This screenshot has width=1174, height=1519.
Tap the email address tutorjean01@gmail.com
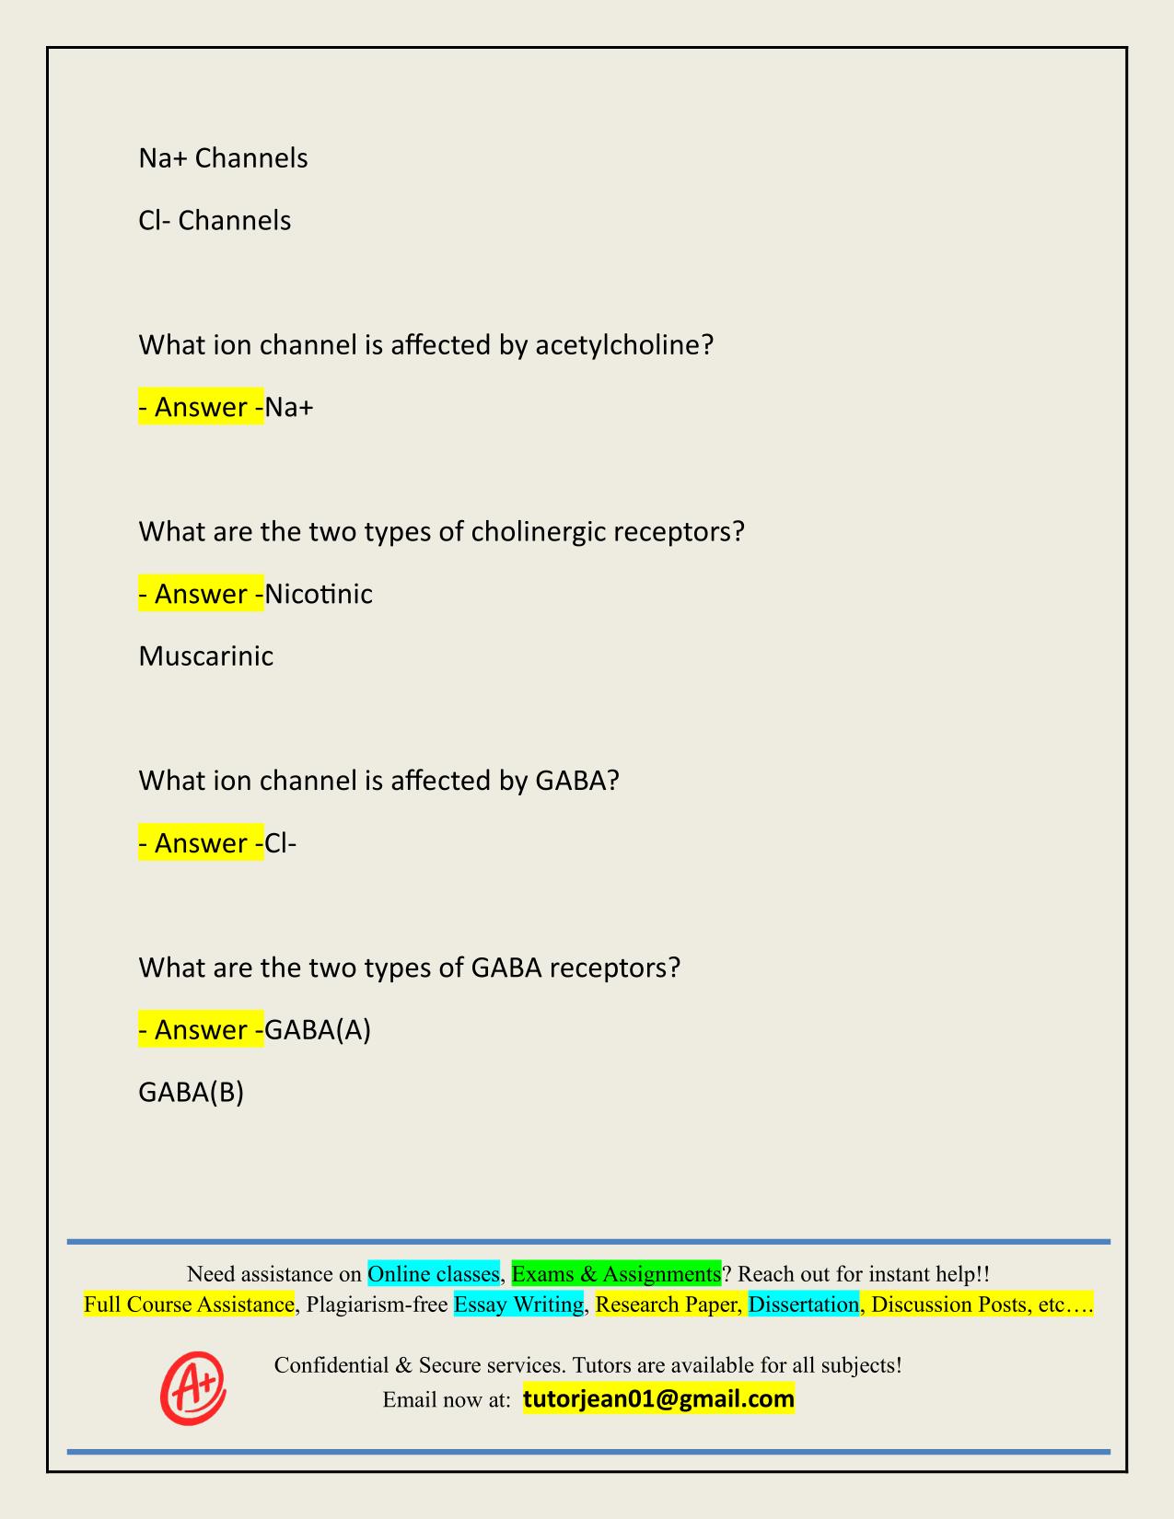658,1399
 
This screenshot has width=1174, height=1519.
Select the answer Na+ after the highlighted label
289,407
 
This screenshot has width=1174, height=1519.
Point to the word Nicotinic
319,594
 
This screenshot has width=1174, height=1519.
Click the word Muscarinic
206,656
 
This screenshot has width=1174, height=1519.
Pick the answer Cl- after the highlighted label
281,843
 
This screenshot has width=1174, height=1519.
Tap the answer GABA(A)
318,1029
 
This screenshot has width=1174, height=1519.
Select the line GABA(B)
192,1092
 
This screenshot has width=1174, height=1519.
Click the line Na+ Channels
224,158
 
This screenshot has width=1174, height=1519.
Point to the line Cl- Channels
215,221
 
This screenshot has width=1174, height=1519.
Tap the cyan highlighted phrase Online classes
434,1274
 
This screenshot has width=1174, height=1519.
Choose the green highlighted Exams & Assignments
616,1274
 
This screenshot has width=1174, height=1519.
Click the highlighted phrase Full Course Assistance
189,1304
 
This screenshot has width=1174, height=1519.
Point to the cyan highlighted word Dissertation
804,1304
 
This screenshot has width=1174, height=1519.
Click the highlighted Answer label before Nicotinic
201,594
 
